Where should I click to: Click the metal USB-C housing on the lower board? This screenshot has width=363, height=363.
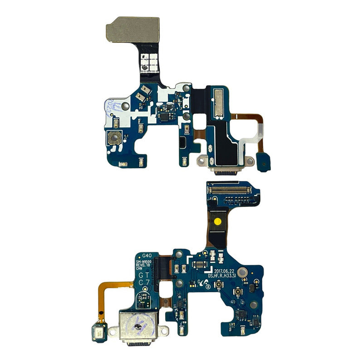click(x=135, y=324)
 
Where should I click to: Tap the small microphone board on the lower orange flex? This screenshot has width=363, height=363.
click(x=98, y=328)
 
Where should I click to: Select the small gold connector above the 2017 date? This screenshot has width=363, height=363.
click(x=198, y=264)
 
